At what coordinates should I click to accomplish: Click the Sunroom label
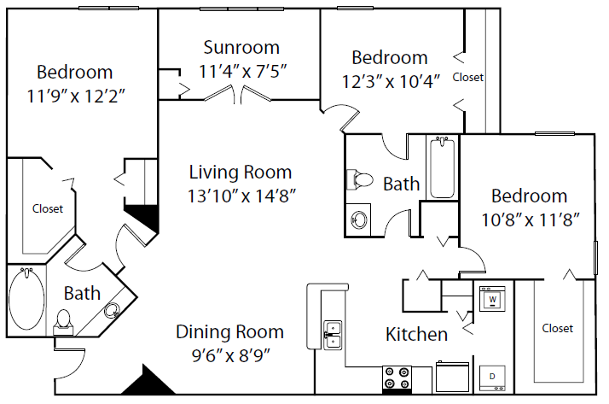pos(241,48)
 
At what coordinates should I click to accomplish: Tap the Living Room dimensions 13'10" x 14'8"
pos(241,195)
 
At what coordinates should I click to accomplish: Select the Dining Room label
pos(229,331)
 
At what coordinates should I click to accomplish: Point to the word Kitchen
pos(417,334)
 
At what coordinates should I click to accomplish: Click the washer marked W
pos(492,300)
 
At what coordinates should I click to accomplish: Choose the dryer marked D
pos(492,374)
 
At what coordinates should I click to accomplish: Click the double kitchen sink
pos(332,334)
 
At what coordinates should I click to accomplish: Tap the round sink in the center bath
pos(359,220)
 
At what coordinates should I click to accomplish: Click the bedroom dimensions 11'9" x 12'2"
pos(77,96)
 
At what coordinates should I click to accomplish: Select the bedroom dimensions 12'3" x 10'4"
pos(390,82)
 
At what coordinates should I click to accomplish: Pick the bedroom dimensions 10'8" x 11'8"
pos(529,220)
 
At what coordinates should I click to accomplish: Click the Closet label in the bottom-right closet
pos(557,328)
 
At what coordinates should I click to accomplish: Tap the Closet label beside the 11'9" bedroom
pos(48,208)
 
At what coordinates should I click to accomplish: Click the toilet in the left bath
pos(62,319)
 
